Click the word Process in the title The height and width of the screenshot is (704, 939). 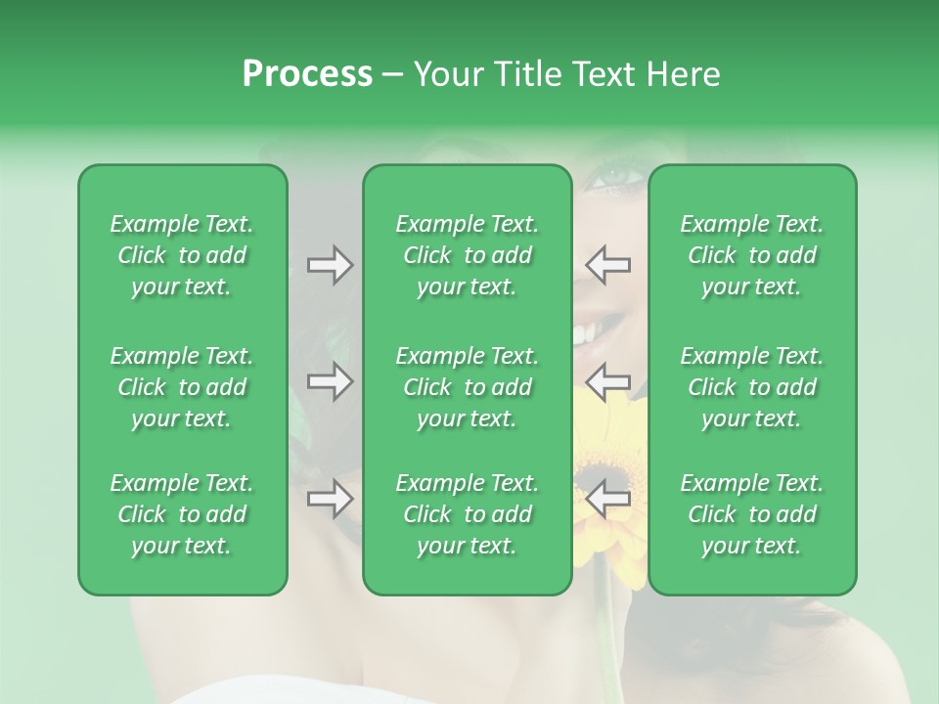307,74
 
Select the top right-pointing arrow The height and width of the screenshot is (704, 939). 330,264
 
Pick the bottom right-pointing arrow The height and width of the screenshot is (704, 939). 330,499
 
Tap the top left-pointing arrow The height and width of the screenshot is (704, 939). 608,264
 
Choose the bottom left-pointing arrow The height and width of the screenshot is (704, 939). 608,499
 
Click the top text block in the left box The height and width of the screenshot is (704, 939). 182,255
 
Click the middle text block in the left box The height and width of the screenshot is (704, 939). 182,387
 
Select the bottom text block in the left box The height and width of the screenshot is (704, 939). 182,514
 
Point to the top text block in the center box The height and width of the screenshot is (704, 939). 467,255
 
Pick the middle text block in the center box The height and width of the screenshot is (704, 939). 467,387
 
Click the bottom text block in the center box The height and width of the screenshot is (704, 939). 467,514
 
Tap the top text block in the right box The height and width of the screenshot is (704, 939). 751,255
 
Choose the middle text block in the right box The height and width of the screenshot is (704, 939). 751,387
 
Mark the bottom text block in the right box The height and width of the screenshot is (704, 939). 751,514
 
